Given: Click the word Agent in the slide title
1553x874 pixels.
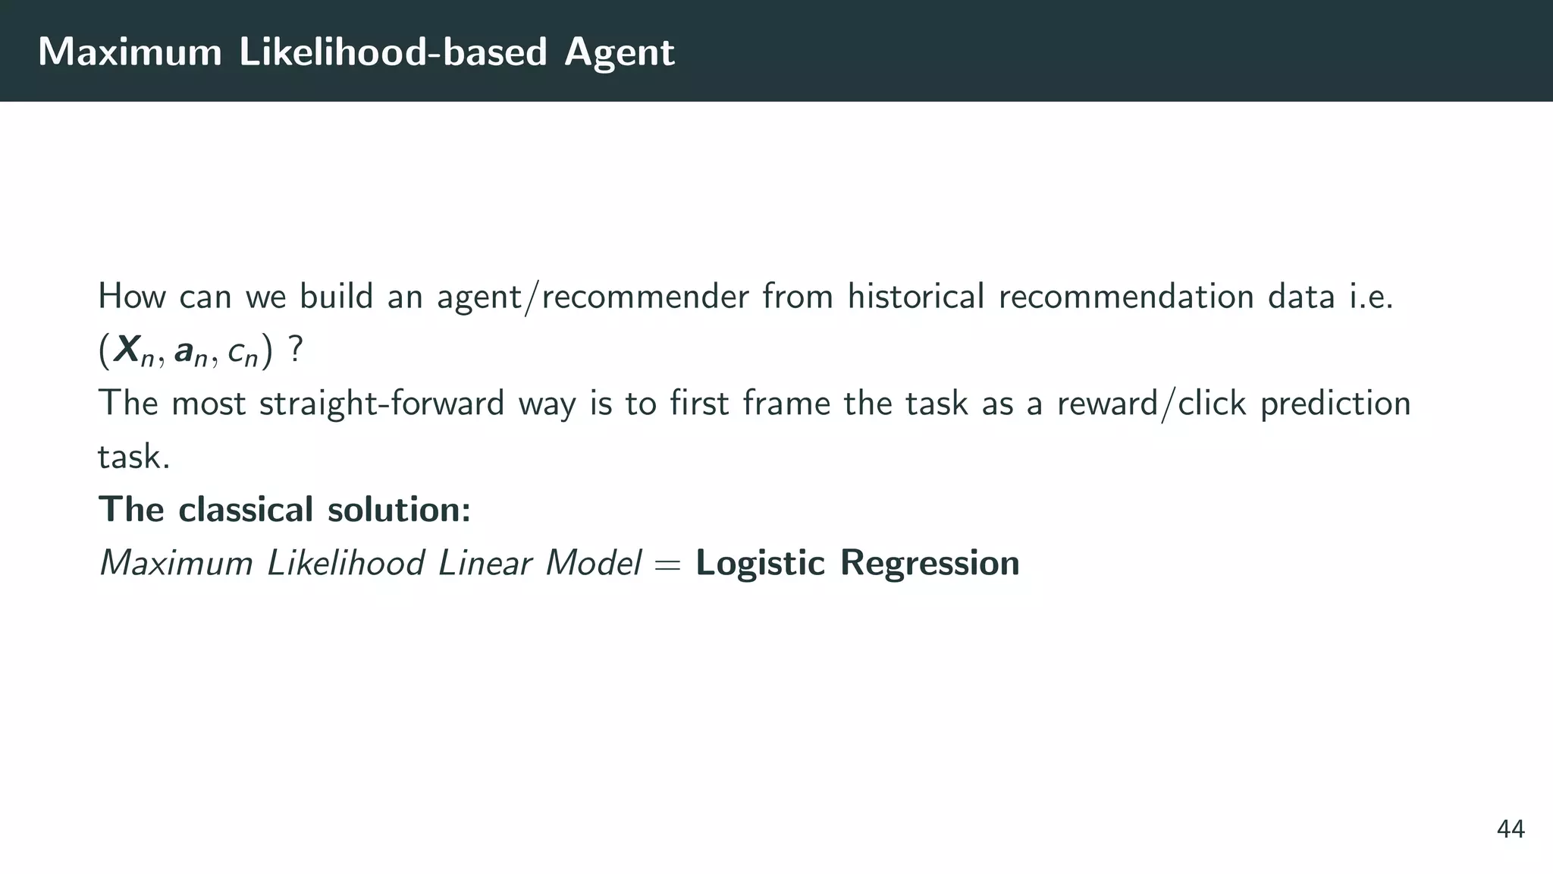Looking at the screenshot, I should click(619, 52).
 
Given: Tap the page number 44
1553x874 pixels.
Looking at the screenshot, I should click(1511, 829).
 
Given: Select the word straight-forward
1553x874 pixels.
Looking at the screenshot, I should click(381, 403).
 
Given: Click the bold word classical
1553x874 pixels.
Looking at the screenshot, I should click(246, 509).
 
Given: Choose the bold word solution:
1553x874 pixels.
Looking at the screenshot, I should click(399, 509).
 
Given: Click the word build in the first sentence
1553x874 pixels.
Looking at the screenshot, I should click(337, 296).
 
